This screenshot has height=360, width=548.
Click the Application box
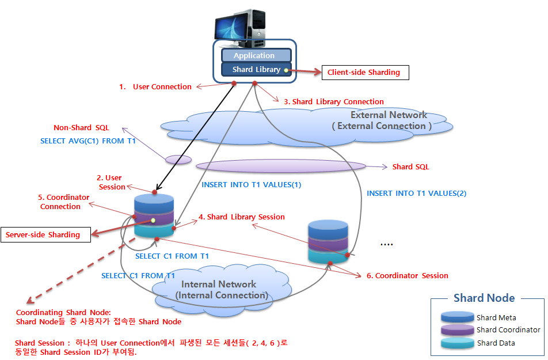coord(254,55)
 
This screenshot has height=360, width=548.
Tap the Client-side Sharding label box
coord(364,72)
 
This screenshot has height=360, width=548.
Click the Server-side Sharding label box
coord(43,234)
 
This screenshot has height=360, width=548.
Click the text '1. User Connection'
coord(155,87)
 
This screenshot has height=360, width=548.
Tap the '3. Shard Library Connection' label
coord(333,101)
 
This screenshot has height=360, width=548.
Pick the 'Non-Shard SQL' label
coord(81,128)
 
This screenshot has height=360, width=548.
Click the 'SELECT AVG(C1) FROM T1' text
coord(87,141)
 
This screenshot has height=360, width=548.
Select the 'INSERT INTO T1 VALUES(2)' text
coord(416,194)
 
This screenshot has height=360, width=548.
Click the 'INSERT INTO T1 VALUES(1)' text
coord(251,185)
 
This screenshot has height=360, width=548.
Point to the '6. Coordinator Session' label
coord(407,276)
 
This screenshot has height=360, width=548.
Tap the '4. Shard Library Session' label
coord(241,217)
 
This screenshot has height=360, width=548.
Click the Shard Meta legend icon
coord(458,317)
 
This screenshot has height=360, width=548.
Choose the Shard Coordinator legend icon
coord(458,330)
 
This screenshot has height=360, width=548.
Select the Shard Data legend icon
coord(458,343)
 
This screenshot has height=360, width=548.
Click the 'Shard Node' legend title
coord(484,298)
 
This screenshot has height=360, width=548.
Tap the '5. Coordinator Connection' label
coord(64,202)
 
